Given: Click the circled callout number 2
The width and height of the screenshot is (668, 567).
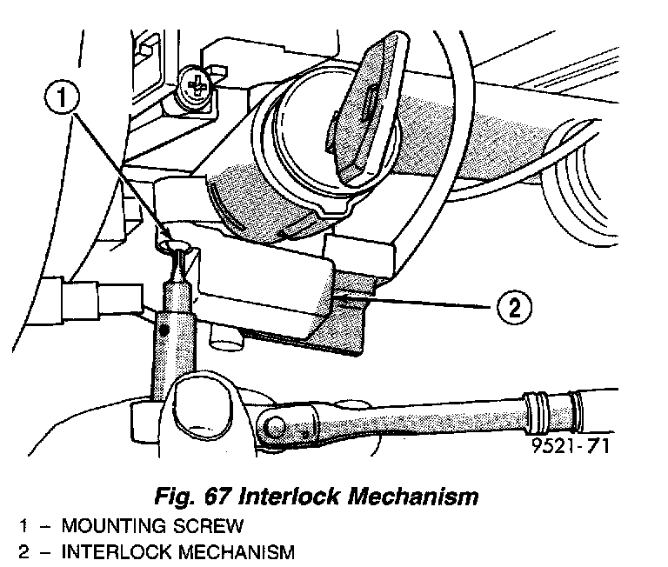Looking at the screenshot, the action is pyautogui.click(x=514, y=307).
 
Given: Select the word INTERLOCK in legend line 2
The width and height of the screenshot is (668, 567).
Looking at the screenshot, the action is pyautogui.click(x=114, y=551).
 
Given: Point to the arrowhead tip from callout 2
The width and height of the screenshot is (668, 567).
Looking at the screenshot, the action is pyautogui.click(x=343, y=300).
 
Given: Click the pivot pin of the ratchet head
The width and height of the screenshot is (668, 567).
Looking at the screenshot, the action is pyautogui.click(x=276, y=426).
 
